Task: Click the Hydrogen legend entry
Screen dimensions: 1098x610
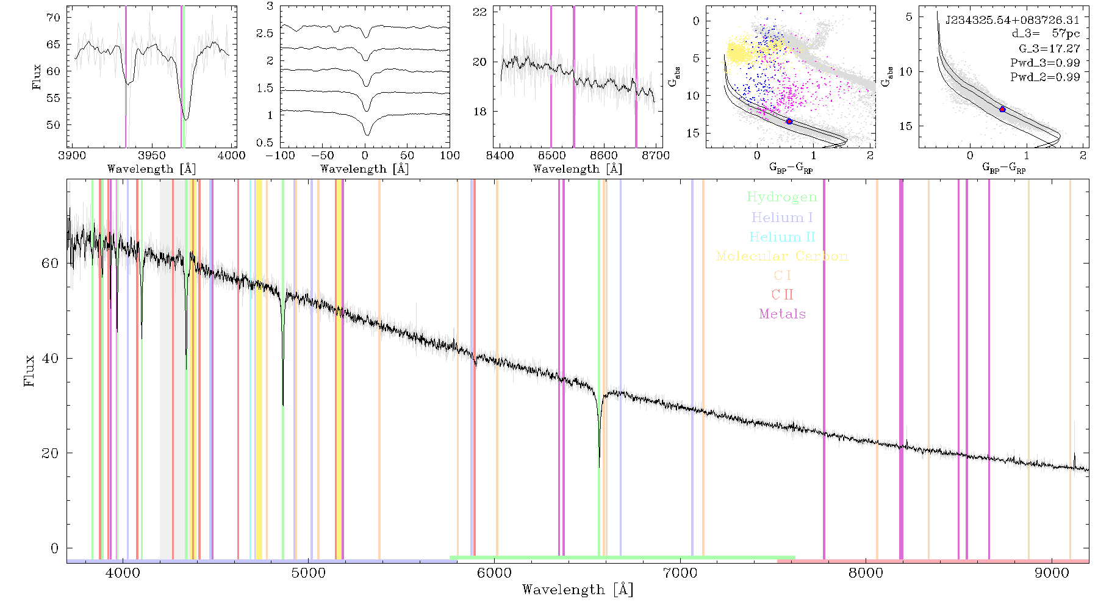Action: [781, 197]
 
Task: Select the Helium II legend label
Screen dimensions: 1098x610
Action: [782, 237]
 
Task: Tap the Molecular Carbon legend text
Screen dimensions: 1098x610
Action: [782, 256]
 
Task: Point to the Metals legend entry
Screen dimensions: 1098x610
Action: [783, 314]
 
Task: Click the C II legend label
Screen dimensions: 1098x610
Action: [783, 295]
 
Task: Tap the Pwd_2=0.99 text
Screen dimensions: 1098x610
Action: [1045, 77]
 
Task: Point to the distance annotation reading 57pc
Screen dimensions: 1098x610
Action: [1066, 34]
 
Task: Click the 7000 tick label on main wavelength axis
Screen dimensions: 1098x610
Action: [680, 573]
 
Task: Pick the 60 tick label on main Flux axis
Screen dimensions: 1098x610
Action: [51, 263]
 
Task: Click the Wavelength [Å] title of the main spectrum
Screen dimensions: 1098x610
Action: [578, 590]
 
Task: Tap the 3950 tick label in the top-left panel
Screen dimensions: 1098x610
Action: [152, 156]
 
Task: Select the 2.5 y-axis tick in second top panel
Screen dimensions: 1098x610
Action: [265, 33]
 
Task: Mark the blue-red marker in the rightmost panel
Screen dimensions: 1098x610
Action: [1002, 109]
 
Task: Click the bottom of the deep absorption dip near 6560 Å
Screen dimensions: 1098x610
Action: [599, 467]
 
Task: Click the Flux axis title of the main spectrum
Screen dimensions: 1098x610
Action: [29, 370]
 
